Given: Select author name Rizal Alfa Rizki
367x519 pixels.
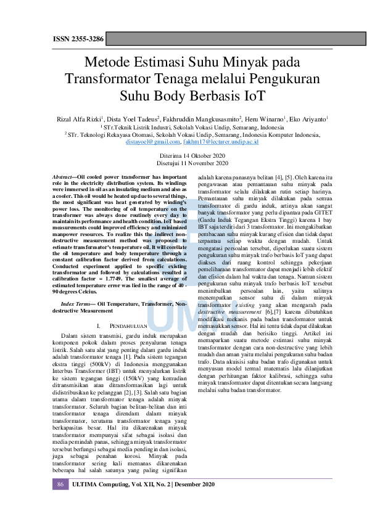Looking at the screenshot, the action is (x=80, y=118).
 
